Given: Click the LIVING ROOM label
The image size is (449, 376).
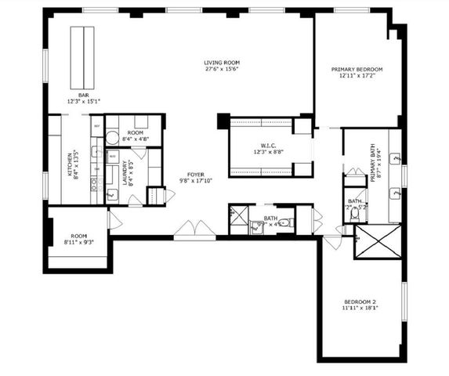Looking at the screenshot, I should click(x=222, y=63).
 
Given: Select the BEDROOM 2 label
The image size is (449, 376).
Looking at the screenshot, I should click(x=360, y=302).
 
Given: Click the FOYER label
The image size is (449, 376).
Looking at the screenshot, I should click(x=196, y=175).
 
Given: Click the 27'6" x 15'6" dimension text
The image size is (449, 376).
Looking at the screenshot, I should click(x=222, y=70).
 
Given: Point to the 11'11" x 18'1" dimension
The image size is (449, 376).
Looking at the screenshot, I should click(x=360, y=309).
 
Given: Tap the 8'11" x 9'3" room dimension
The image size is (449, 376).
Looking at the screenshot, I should click(x=78, y=243).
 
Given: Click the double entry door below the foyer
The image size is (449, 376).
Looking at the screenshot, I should click(x=193, y=229).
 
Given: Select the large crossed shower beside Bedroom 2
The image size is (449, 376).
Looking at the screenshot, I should click(x=377, y=241).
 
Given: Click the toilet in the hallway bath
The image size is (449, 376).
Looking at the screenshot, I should click(x=284, y=223).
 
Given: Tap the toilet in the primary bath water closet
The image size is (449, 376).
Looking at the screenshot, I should click(x=355, y=212).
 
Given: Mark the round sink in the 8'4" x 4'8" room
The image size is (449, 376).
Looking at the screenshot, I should click(x=111, y=138).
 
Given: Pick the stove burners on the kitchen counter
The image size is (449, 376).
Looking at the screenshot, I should click(x=94, y=186).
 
